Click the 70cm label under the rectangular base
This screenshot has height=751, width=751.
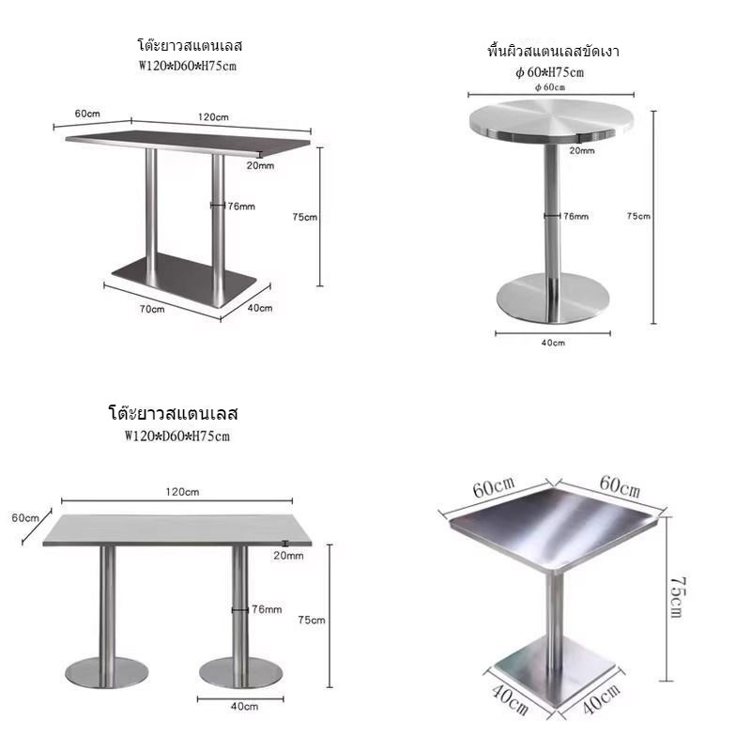tap(152, 310)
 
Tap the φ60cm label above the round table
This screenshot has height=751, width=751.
tap(550, 87)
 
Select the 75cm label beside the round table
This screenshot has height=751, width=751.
tap(638, 216)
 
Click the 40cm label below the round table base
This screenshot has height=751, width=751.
tap(553, 343)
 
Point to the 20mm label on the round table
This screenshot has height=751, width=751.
tap(582, 150)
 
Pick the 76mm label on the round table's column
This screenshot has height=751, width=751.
tap(576, 216)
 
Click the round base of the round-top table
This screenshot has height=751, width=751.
tap(553, 298)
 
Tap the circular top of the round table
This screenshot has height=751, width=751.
tap(551, 120)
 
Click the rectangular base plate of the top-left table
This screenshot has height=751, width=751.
tap(184, 280)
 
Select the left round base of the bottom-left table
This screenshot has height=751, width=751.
tap(107, 672)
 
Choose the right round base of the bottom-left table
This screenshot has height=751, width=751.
tap(240, 672)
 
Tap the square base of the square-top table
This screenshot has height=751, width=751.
tap(555, 671)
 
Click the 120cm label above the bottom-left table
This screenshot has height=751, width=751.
tap(182, 492)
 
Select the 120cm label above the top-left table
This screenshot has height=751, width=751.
tap(214, 116)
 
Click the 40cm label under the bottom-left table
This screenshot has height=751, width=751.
tap(244, 706)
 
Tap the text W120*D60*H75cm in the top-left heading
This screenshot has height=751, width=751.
tap(187, 66)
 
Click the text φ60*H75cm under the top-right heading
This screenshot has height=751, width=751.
tap(550, 72)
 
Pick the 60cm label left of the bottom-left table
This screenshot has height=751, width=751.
tap(25, 518)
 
